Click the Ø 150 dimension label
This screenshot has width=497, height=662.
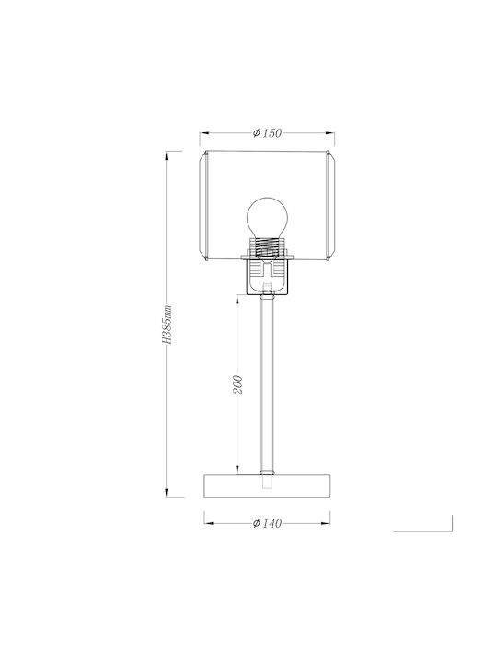point(267,133)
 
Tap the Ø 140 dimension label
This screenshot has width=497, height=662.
point(267,523)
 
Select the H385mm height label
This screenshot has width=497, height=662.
point(168,324)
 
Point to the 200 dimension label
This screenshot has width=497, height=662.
point(238,384)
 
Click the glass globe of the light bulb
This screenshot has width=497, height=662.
point(267,219)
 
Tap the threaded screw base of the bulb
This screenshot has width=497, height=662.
point(267,247)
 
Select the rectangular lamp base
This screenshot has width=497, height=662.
point(267,486)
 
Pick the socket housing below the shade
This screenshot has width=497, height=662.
point(267,276)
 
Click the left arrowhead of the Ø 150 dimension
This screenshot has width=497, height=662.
point(204,133)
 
